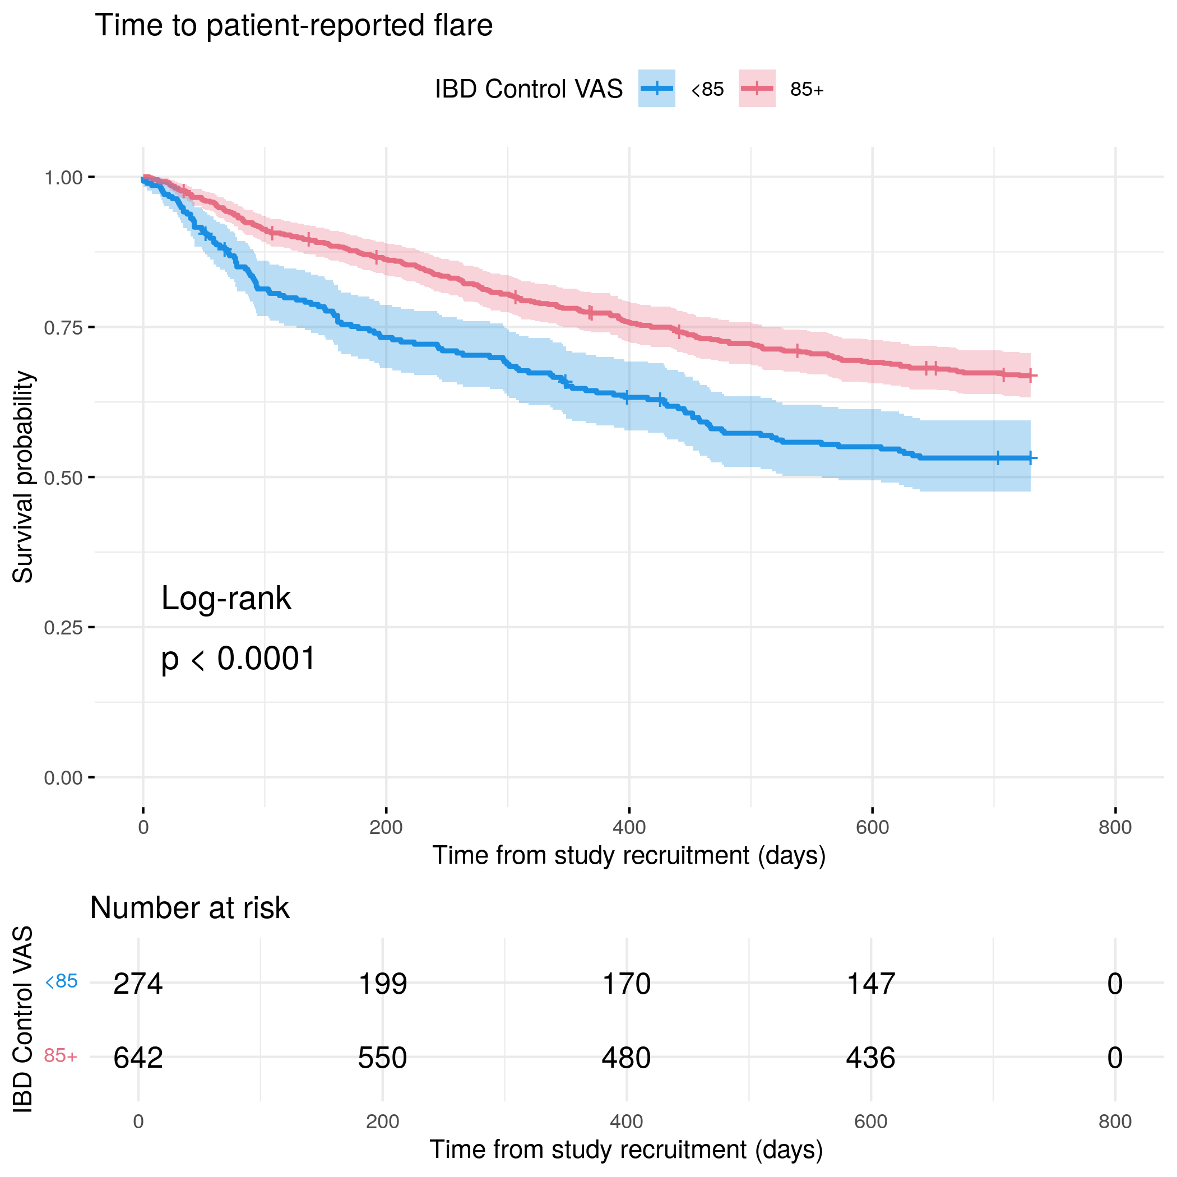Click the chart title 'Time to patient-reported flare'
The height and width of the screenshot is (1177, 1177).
click(294, 26)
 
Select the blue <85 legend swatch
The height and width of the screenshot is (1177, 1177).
click(656, 89)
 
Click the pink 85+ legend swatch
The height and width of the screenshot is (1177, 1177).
click(757, 89)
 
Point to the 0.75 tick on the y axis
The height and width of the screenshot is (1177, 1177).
click(63, 328)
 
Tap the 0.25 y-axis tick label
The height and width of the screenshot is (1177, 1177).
click(63, 628)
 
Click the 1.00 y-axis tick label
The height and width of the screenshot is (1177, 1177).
click(63, 178)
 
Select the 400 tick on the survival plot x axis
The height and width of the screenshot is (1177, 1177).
click(629, 827)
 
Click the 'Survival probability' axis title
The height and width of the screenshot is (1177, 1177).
click(23, 477)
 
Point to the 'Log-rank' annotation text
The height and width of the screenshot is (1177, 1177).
click(226, 599)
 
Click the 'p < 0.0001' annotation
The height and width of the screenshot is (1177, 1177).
click(238, 659)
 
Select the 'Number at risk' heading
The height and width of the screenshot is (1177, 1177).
click(189, 909)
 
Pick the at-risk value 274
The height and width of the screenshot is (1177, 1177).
click(138, 984)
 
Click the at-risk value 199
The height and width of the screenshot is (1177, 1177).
click(383, 984)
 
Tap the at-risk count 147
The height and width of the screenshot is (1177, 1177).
click(871, 984)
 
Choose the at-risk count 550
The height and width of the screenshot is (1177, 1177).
click(383, 1058)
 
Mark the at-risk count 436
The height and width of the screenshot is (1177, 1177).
click(870, 1058)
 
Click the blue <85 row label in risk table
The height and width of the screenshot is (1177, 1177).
click(62, 981)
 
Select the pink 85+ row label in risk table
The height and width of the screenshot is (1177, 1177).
click(61, 1056)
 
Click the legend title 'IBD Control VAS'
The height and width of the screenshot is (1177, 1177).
click(529, 90)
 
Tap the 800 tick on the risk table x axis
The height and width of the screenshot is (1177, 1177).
click(1115, 1122)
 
